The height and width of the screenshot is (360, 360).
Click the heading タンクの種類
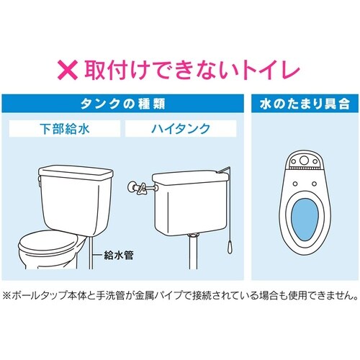coord(127,103)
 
